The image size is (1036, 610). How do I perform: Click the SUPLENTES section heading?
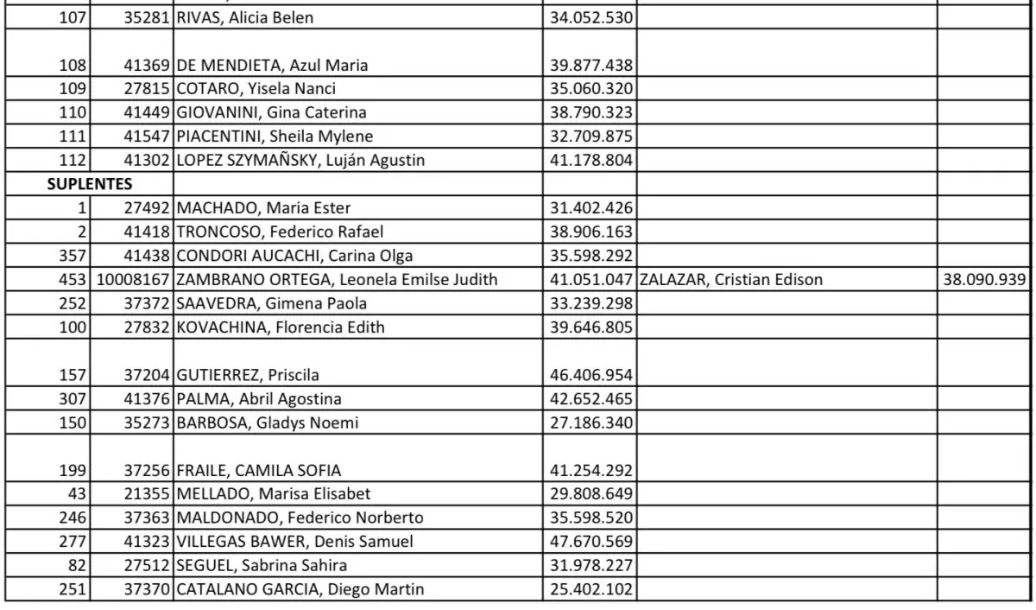click(90, 184)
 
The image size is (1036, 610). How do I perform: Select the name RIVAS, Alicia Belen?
click(246, 17)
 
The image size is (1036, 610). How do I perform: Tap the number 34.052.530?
click(591, 17)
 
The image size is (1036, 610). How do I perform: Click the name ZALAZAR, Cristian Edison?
click(731, 279)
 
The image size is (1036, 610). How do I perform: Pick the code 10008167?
click(134, 279)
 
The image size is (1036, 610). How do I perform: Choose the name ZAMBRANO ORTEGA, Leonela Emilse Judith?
click(338, 279)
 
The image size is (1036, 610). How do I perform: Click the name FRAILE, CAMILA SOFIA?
click(259, 470)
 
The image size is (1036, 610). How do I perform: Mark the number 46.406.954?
click(591, 375)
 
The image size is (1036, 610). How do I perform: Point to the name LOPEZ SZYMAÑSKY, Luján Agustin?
click(300, 160)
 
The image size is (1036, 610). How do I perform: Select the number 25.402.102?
click(591, 590)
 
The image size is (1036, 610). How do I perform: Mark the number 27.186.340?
click(591, 423)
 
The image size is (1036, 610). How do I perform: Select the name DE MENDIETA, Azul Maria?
click(272, 65)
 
